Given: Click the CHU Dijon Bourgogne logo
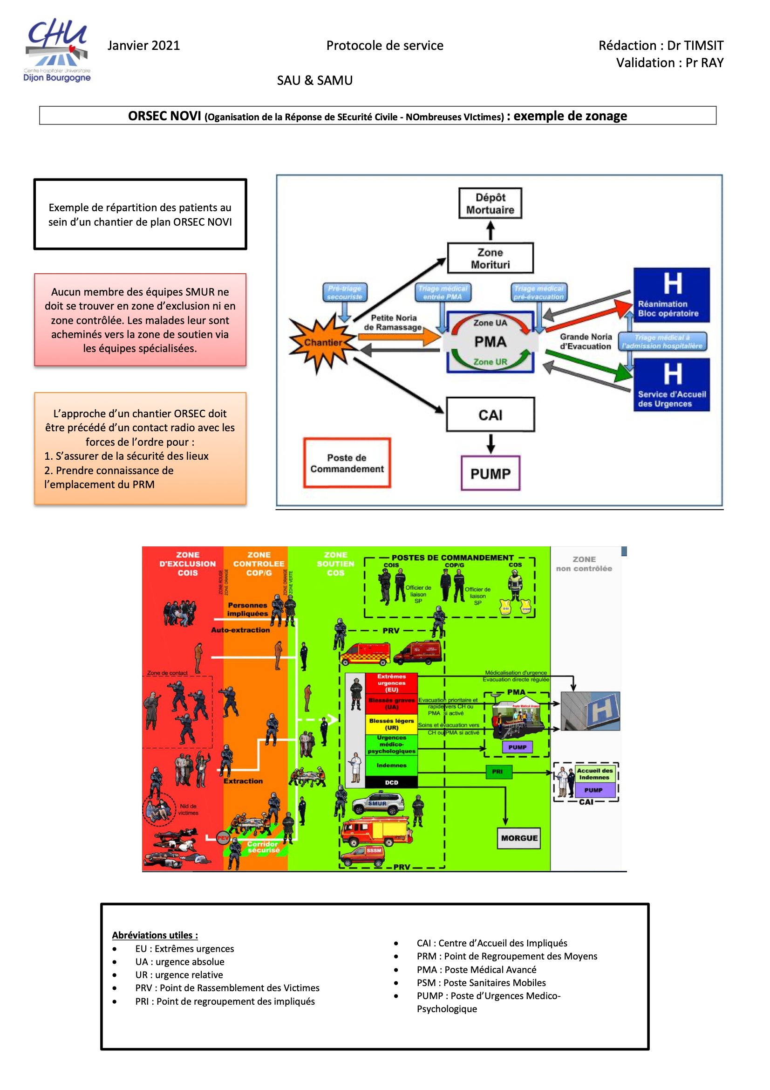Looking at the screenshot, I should point(57,50).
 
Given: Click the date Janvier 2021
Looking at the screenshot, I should point(143,46).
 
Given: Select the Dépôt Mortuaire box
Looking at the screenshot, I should point(490,203).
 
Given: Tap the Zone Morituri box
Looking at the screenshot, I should point(490,258).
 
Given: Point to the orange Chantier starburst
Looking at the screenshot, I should point(323,343).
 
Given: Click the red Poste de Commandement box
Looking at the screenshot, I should point(347,463).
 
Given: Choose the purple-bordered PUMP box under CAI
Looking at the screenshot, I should point(490,473).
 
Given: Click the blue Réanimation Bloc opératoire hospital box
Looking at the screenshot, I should point(671,295).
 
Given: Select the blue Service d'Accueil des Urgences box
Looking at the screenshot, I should point(671,385).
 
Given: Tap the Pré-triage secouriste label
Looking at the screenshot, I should point(344,292).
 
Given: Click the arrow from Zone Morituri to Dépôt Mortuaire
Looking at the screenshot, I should point(491,231).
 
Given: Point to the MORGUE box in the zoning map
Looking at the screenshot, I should point(519,838).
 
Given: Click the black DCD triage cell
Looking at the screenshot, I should point(391,782).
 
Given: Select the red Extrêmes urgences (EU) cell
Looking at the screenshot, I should point(391,683).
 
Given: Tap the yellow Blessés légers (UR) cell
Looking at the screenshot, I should point(391,724).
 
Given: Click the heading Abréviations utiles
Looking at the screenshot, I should point(155,935).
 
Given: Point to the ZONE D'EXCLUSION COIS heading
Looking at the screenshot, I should point(187,564).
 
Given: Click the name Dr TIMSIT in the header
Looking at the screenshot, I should point(695,46).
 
